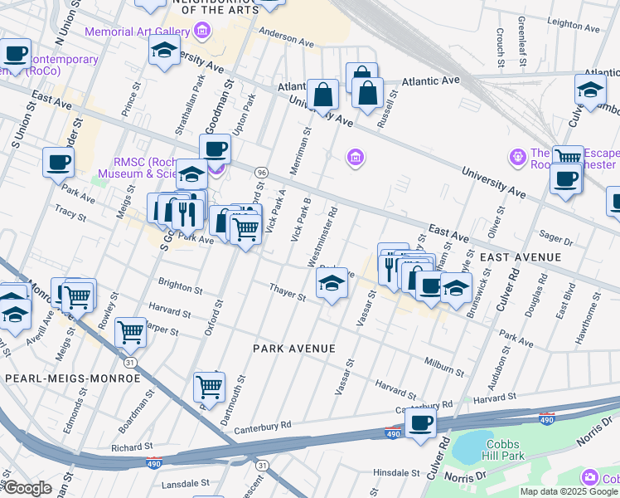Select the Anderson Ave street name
pos(286,38)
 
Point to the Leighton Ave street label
pos(572,24)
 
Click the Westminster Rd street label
pos(322,237)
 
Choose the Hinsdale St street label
pos(398,472)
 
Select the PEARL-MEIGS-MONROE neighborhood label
pos(73,378)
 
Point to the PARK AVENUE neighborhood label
pos(294,349)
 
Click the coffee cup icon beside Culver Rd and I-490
pos(421,422)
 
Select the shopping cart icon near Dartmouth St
pos(209,386)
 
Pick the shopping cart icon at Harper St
pos(130,331)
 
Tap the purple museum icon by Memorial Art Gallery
pos(201,31)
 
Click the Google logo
pos(27,488)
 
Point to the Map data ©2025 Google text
pos(569,491)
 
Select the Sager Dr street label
pos(556,240)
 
